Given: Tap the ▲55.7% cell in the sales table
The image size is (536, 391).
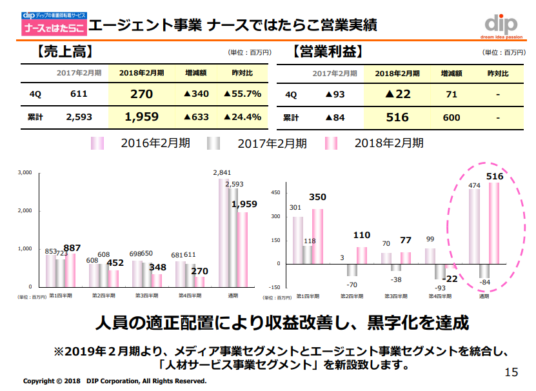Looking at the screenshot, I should [x=243, y=94].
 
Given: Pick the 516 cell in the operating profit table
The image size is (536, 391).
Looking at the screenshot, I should [x=397, y=117].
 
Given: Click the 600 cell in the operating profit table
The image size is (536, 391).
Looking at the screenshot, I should [x=452, y=117].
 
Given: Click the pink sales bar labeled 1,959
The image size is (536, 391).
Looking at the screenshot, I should [x=243, y=249].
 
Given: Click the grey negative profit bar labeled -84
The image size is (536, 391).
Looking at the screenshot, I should [x=484, y=270].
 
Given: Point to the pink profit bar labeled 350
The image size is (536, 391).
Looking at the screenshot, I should [x=317, y=236].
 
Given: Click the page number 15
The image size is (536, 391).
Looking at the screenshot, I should [x=511, y=372].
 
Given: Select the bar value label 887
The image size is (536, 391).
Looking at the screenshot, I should [x=72, y=248].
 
